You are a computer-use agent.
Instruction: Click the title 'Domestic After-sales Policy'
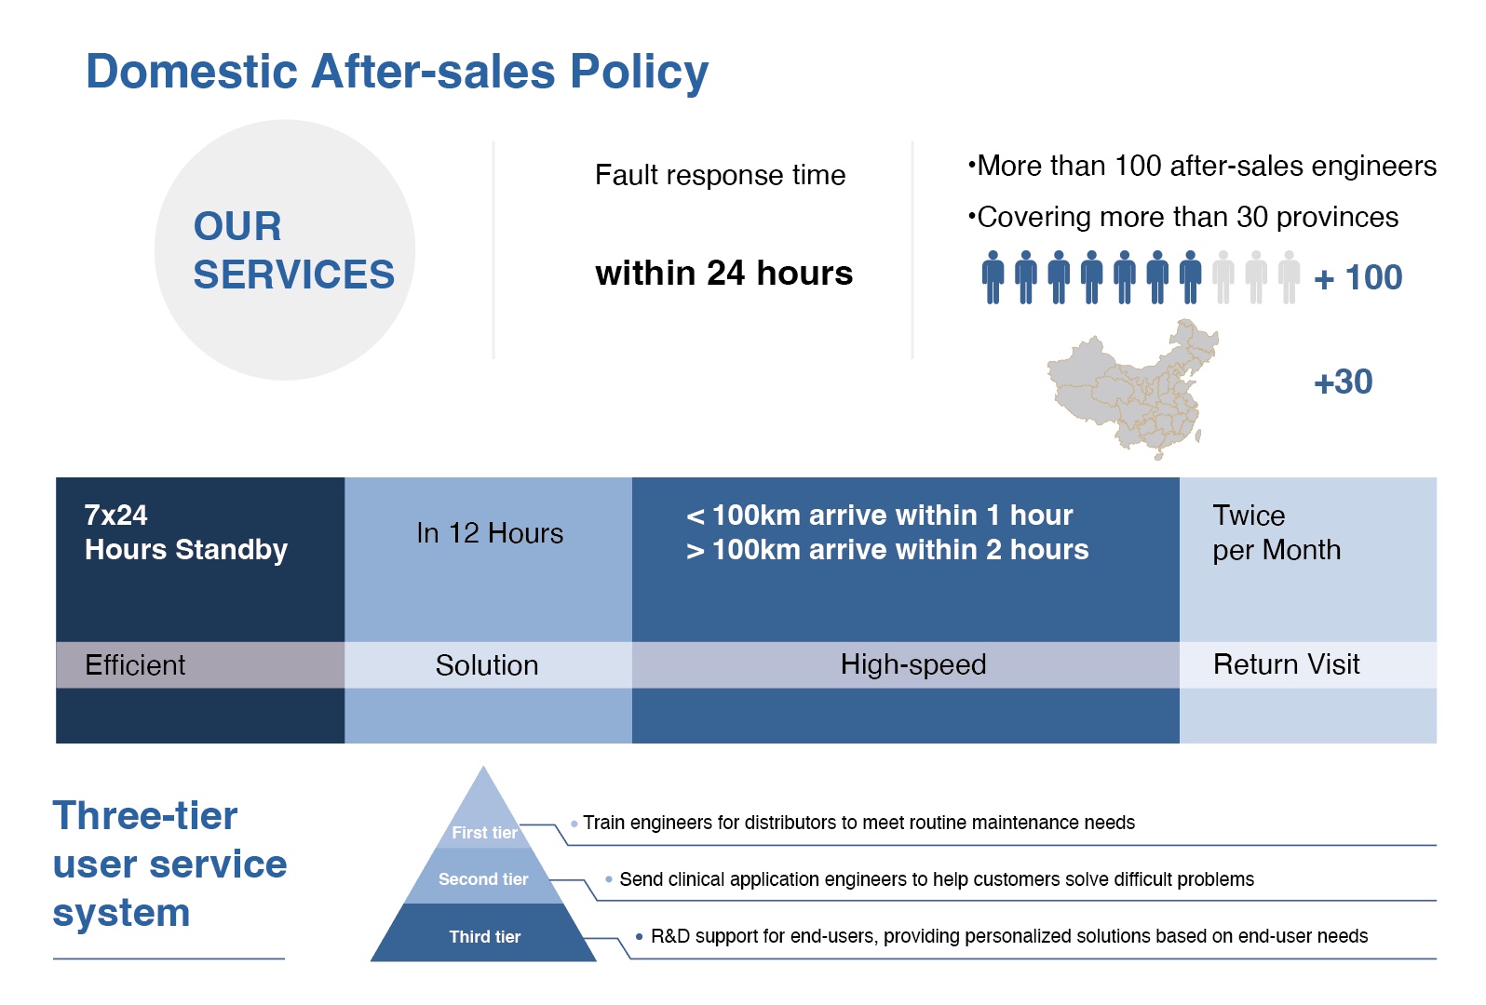click(397, 73)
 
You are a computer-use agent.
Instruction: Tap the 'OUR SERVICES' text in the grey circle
click(293, 250)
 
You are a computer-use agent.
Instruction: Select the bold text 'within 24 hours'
click(723, 274)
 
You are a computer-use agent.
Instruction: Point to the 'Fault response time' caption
click(720, 176)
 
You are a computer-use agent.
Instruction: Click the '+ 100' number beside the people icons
click(1358, 277)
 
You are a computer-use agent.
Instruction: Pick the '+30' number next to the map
click(1344, 382)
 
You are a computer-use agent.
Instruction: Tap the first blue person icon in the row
click(993, 277)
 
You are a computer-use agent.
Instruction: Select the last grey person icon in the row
click(1289, 277)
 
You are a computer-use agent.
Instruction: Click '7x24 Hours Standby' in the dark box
click(186, 532)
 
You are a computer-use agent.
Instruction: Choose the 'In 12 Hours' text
click(490, 533)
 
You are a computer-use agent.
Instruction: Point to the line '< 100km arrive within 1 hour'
click(880, 516)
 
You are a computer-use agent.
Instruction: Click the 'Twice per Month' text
click(1277, 532)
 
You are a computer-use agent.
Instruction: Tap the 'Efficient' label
click(135, 665)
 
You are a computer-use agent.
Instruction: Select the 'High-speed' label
click(913, 665)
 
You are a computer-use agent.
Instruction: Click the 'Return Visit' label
click(1287, 664)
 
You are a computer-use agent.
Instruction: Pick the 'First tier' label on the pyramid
click(484, 833)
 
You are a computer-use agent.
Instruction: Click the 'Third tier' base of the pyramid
click(483, 932)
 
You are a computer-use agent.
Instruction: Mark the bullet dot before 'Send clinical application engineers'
click(608, 879)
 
